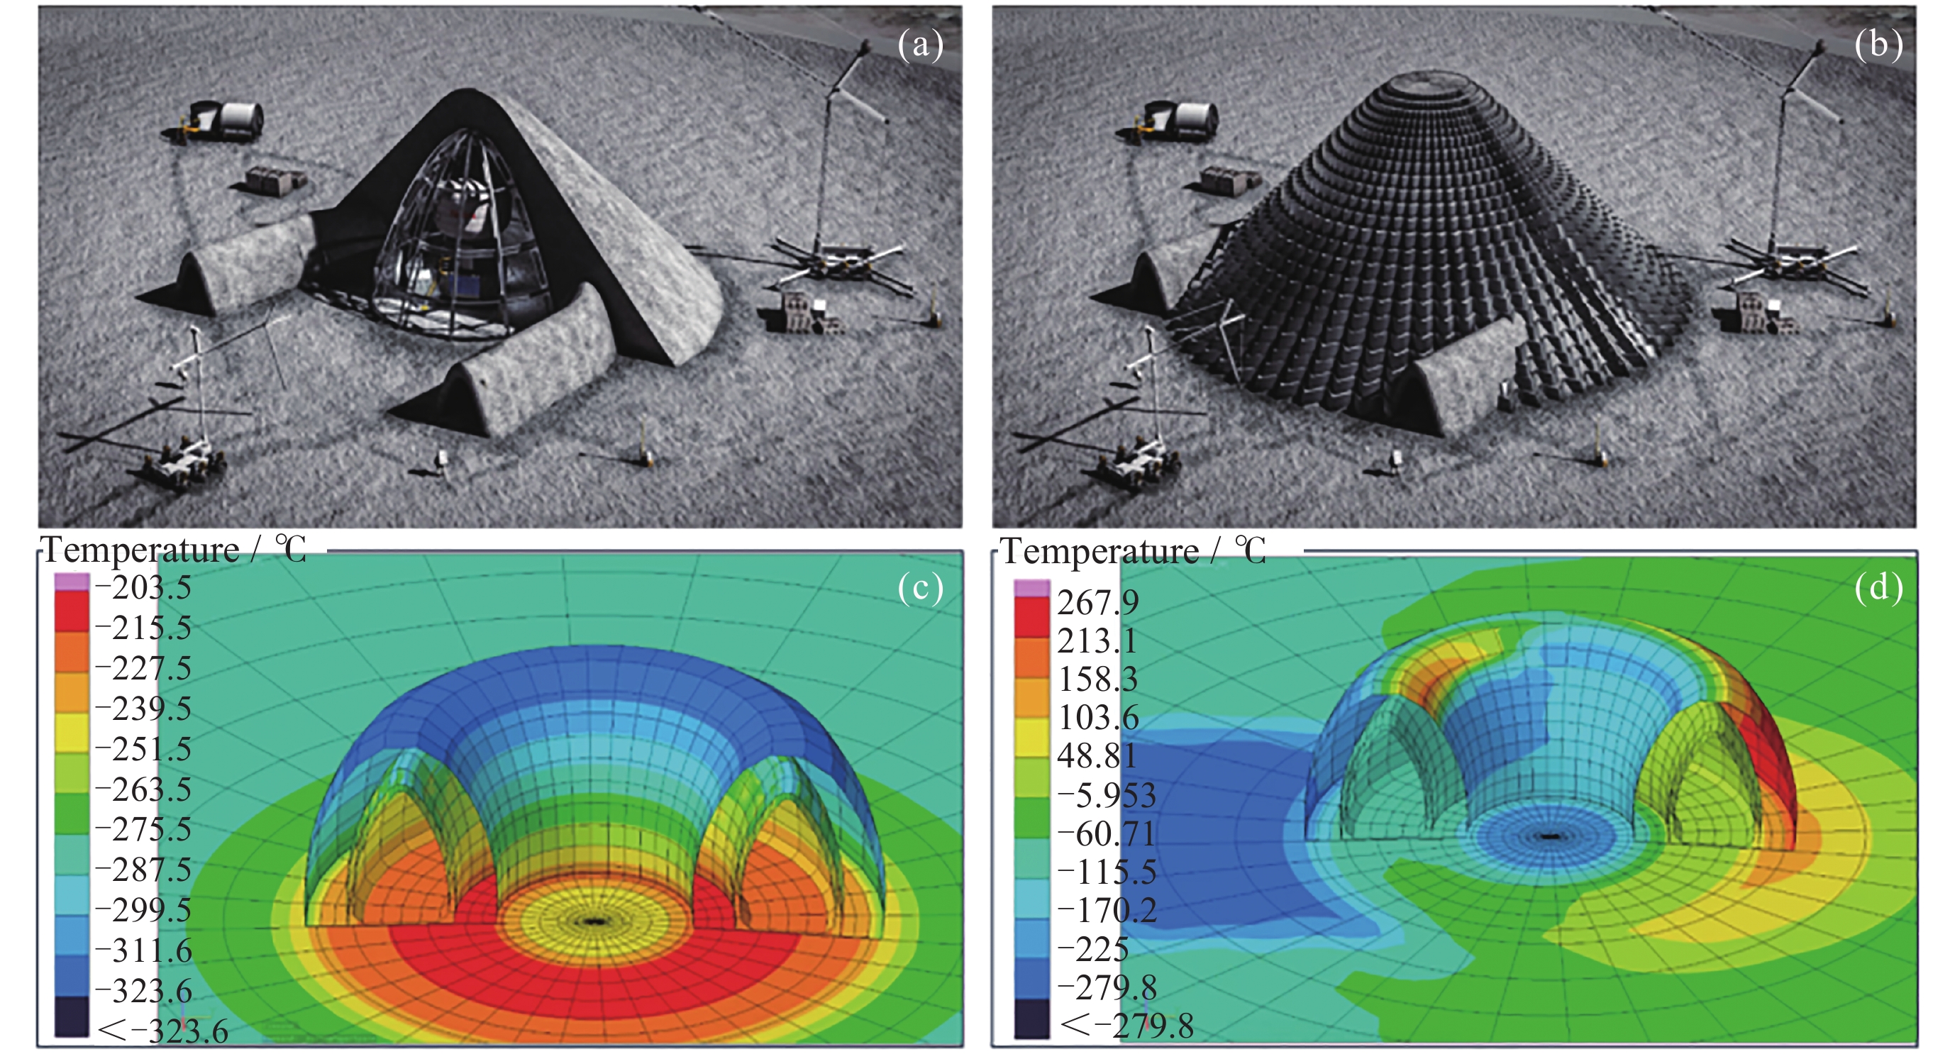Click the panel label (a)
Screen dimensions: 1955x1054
(920, 45)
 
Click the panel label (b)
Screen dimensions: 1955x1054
(1878, 45)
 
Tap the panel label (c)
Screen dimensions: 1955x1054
(920, 587)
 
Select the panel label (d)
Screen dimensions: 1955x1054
(1878, 587)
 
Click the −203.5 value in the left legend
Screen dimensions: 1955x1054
(143, 588)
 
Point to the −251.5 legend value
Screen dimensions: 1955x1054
(143, 749)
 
